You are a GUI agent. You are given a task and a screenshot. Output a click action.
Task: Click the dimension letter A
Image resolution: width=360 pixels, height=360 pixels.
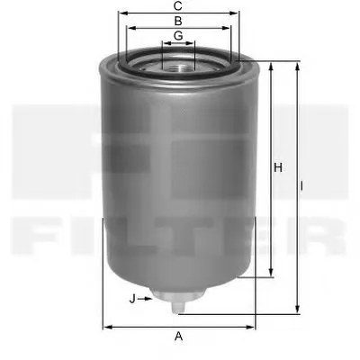point(179,337)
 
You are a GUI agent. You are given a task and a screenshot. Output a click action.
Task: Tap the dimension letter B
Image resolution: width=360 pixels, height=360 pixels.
point(179,20)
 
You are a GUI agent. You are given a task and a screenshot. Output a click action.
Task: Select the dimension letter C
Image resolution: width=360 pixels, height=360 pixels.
point(179,5)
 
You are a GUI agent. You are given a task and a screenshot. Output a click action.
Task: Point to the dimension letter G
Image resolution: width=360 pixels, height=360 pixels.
point(179,35)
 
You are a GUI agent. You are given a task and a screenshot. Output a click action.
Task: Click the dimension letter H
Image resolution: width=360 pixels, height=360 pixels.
point(278,167)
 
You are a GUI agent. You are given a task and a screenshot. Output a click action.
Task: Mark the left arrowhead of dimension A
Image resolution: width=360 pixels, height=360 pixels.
point(105,326)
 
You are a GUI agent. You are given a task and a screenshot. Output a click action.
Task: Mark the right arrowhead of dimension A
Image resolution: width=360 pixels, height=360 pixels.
point(254,326)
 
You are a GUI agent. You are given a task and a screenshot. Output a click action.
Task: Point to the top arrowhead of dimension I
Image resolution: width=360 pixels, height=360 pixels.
point(296,65)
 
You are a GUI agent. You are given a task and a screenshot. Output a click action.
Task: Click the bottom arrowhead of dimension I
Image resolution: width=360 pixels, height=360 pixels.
point(296,311)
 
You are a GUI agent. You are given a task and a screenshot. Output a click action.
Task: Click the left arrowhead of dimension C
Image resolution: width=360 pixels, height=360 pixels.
point(119,13)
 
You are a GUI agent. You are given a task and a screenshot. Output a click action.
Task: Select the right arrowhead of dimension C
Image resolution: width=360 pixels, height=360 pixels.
point(240,13)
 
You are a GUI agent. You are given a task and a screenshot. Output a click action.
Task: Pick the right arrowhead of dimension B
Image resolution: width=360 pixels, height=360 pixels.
point(229,27)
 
